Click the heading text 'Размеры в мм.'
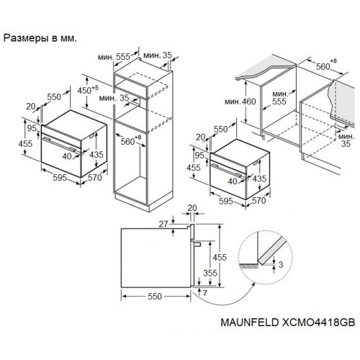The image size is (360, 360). coord(40,38)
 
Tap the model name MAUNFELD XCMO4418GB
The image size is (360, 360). coord(287,323)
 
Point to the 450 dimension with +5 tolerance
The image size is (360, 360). coord(88,90)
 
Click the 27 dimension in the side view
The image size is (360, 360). coord(163,224)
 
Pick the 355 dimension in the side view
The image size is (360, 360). coord(210,273)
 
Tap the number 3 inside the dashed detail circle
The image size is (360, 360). coord(281,264)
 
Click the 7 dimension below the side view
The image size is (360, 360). coord(204,293)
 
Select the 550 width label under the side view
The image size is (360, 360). coord(155,297)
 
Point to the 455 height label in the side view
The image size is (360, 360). coord(220,257)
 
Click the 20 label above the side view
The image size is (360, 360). coord(192,208)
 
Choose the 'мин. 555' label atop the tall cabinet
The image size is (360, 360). coord(114,57)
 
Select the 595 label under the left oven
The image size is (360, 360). coord(60,178)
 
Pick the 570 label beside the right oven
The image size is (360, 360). coord(258,200)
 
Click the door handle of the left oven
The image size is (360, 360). coord(59,144)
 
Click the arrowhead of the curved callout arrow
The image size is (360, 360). coord(253,284)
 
